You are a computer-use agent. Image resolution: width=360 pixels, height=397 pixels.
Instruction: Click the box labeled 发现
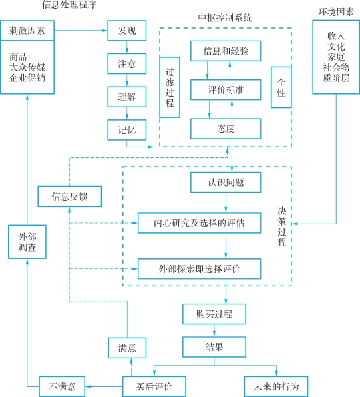coord(127,31)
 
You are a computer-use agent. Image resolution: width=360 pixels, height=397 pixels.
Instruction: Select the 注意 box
coord(127,64)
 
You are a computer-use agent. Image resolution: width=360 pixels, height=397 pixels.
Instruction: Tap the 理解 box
coord(127,97)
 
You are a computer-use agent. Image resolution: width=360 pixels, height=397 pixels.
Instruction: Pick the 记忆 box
coord(127,130)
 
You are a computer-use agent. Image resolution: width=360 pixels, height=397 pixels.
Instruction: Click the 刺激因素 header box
coord(27,31)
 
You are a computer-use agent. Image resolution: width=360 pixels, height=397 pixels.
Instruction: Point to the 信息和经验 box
coord(226,51)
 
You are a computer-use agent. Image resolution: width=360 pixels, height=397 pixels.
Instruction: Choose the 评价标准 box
coord(226,90)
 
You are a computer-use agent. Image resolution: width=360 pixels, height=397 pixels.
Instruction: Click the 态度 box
coord(226,129)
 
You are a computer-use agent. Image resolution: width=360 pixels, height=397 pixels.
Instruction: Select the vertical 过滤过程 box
coord(170,87)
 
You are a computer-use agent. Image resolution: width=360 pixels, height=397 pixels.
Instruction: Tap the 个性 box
coord(281,87)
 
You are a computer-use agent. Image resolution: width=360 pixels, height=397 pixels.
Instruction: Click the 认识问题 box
coord(226,183)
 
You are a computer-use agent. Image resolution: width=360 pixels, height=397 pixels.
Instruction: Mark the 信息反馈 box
coord(69,196)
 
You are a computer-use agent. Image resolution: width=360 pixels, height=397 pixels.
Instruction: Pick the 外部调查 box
coord(27,242)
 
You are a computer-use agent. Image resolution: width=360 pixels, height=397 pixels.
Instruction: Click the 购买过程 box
coord(214,314)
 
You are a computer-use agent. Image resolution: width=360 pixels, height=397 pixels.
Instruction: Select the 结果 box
coord(214,347)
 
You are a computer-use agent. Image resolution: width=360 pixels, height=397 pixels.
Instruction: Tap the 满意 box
coord(127,348)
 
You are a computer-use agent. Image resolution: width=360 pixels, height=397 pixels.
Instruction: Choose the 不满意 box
coord(62,386)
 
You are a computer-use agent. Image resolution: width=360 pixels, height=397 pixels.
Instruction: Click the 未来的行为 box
coord(277,386)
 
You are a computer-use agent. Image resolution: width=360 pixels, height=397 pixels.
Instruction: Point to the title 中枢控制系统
coord(225,18)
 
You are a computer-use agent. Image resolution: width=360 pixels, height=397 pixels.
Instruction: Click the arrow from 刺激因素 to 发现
coord(81,31)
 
